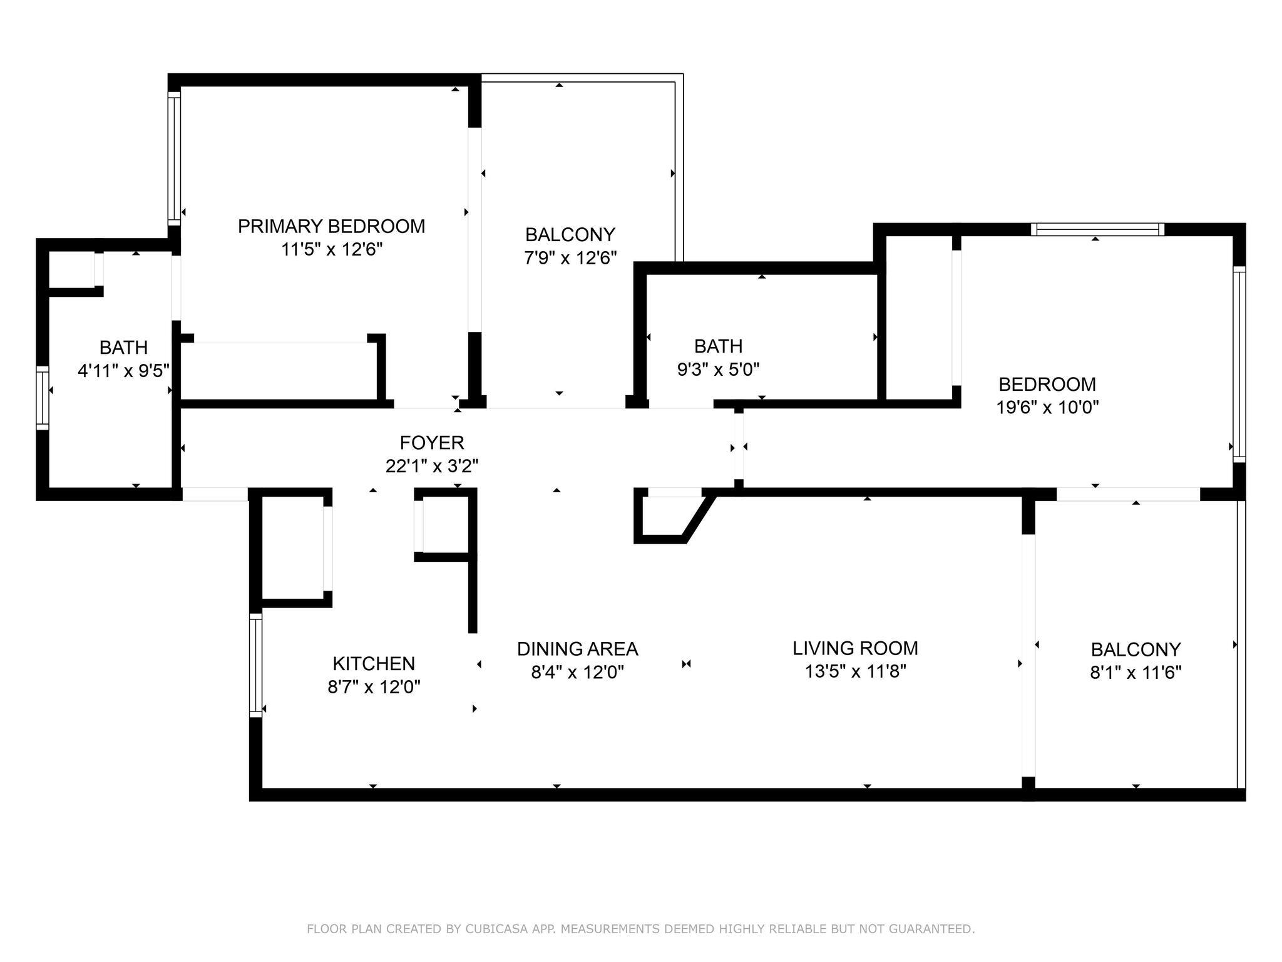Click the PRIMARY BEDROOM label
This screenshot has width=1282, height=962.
point(331,226)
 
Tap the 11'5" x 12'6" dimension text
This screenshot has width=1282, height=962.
point(332,250)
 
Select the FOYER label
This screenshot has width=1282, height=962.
point(432,443)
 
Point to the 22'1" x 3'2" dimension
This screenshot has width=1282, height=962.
point(432,467)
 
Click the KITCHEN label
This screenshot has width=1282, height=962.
point(374,663)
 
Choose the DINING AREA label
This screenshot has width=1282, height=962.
point(577,649)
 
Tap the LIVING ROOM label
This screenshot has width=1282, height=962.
point(855,648)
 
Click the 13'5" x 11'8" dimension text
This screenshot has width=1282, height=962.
point(856,672)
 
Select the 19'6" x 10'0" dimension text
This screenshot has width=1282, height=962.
point(1047,408)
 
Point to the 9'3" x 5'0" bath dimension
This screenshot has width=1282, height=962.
point(719,370)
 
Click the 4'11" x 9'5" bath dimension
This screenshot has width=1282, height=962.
point(124,371)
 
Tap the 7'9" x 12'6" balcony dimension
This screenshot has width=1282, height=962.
point(570,258)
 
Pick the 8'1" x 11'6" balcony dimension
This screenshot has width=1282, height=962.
point(1136,673)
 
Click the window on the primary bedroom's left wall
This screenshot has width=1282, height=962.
point(174,158)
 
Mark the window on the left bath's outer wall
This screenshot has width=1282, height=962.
point(42,398)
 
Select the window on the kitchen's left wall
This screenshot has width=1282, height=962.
point(255,665)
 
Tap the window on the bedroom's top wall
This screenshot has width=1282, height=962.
point(1097,229)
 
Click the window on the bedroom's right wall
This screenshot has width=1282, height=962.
point(1239,365)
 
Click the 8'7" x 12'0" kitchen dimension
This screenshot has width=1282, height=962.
point(374,687)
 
